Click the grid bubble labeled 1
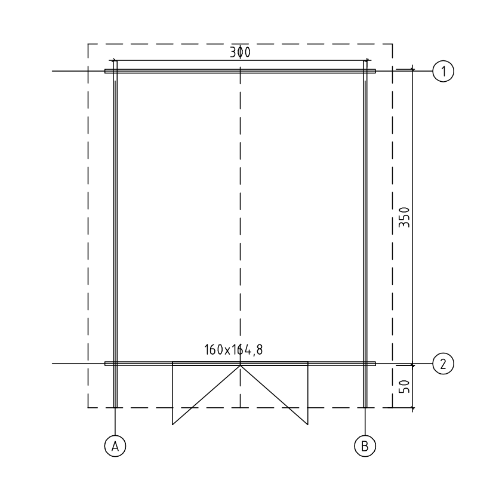coord(443,71)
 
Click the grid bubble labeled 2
coord(443,364)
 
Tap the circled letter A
coord(115,446)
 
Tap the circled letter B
coord(365,446)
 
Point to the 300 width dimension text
coord(241,53)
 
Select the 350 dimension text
coord(405,217)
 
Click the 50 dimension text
coord(405,386)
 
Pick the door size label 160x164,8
coord(233,350)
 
